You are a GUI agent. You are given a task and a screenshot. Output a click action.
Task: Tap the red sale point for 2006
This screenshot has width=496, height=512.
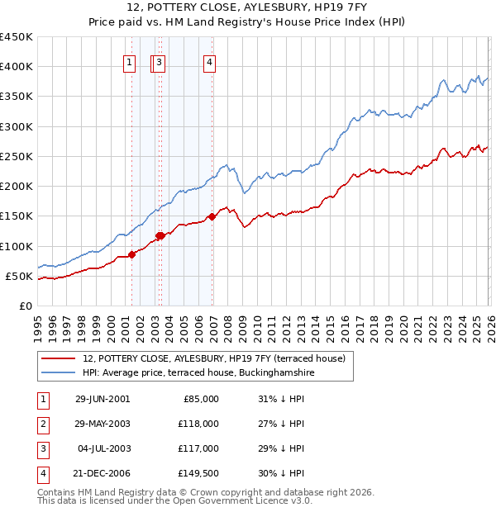(x=212, y=216)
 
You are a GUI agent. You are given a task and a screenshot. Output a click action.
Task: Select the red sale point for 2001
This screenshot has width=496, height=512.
(x=132, y=255)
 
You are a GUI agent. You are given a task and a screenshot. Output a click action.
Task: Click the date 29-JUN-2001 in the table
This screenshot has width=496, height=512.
(x=103, y=399)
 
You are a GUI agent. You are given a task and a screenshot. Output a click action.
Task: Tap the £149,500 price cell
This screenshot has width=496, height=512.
(x=199, y=473)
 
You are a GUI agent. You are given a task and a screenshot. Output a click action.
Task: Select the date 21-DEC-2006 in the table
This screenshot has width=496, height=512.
(x=103, y=473)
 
